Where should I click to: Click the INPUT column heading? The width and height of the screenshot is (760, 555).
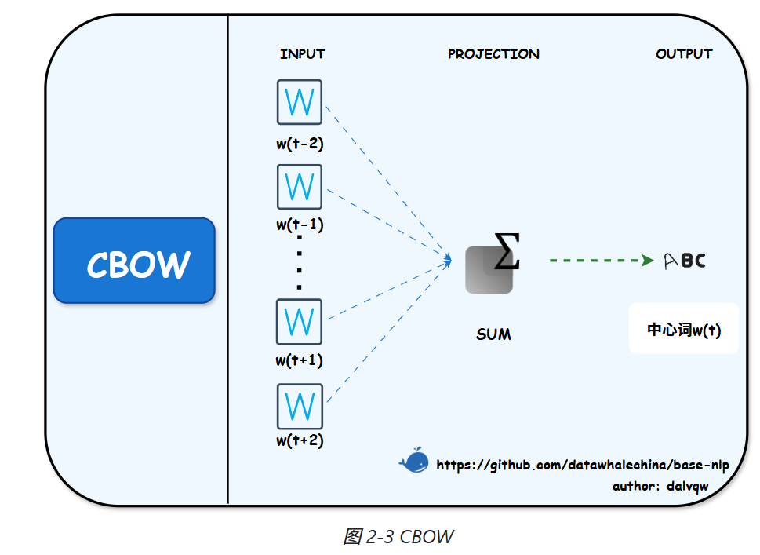coord(302,54)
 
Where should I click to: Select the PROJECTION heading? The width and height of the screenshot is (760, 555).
coord(493,54)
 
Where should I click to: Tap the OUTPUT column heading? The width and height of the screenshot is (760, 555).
coord(684,54)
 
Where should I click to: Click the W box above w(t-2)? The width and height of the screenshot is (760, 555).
coord(300,102)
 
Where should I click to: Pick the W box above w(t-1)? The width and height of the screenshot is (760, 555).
coord(300,187)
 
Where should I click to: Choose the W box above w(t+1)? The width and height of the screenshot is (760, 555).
coord(300,322)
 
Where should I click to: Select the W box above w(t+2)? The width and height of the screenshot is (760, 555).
coord(300,406)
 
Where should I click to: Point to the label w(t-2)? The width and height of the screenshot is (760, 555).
coord(300,144)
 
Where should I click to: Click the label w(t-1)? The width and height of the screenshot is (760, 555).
coord(300,225)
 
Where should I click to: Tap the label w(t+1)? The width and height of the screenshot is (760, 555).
coord(300,361)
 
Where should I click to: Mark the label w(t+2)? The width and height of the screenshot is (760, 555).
coord(300,440)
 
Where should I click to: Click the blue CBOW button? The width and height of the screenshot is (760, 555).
coord(134,261)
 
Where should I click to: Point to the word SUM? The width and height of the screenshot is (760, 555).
coord(493,334)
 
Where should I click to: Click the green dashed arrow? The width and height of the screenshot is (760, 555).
coord(601,261)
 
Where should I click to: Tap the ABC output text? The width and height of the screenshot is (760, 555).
coord(685,261)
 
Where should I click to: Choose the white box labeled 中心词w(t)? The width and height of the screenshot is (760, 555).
coord(684,330)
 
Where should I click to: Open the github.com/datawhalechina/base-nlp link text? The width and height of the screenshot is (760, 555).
coord(582,466)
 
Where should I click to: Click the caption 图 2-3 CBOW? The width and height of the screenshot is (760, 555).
coord(398,537)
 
